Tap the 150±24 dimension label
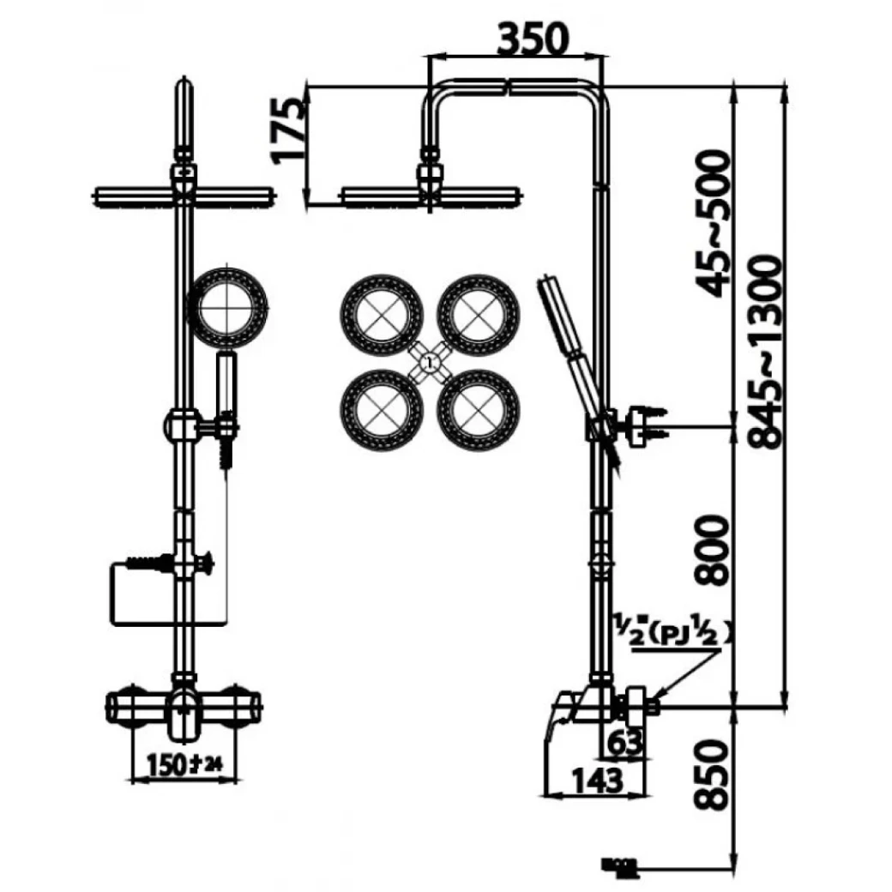click(181, 763)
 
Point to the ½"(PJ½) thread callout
click(674, 634)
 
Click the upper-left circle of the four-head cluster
click(382, 315)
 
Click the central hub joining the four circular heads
click(430, 363)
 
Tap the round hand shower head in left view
click(228, 307)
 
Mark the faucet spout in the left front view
click(181, 716)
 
